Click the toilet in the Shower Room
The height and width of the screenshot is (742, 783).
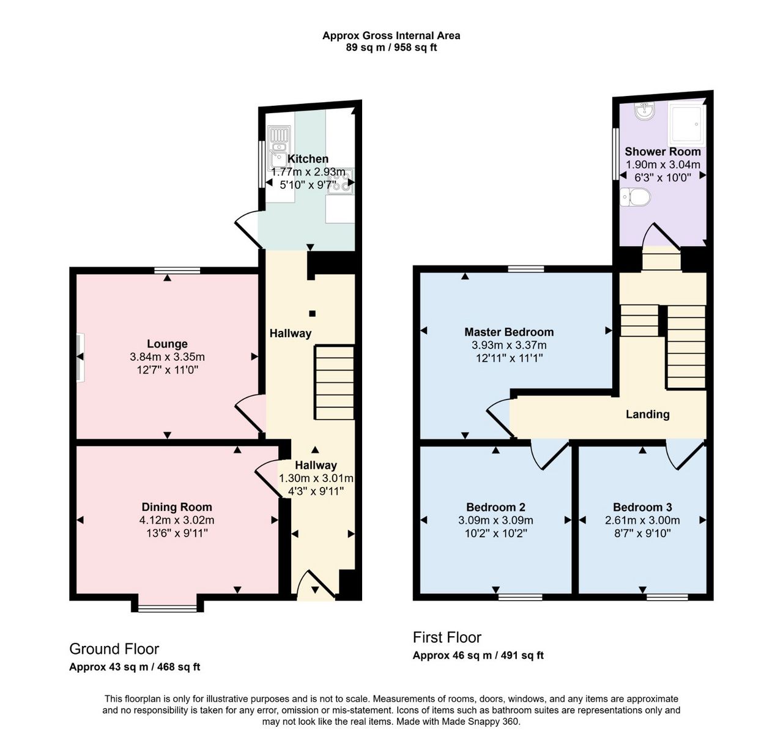click(x=635, y=197)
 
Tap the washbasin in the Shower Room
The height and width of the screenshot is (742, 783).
click(x=645, y=111)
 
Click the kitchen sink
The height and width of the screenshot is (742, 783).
click(x=279, y=148)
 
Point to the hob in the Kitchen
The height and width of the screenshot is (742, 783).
click(x=341, y=181)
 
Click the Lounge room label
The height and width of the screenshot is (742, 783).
click(x=167, y=343)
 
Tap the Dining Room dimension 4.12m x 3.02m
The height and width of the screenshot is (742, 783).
click(x=177, y=520)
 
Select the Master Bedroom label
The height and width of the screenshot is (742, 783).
click(x=509, y=332)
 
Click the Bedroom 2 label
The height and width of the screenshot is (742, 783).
click(x=495, y=507)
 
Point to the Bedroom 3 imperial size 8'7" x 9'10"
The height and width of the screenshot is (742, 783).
click(x=642, y=533)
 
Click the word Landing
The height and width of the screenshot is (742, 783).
click(x=647, y=414)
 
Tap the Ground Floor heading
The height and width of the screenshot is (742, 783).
click(x=114, y=649)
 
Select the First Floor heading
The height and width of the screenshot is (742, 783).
click(x=447, y=637)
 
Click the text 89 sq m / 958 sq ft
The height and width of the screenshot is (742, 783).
click(x=391, y=47)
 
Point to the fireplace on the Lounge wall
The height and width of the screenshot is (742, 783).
click(x=81, y=357)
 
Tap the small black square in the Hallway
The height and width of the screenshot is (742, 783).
click(x=312, y=313)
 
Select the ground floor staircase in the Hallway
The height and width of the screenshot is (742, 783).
click(x=335, y=382)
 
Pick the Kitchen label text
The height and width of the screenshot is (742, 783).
click(x=308, y=158)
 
